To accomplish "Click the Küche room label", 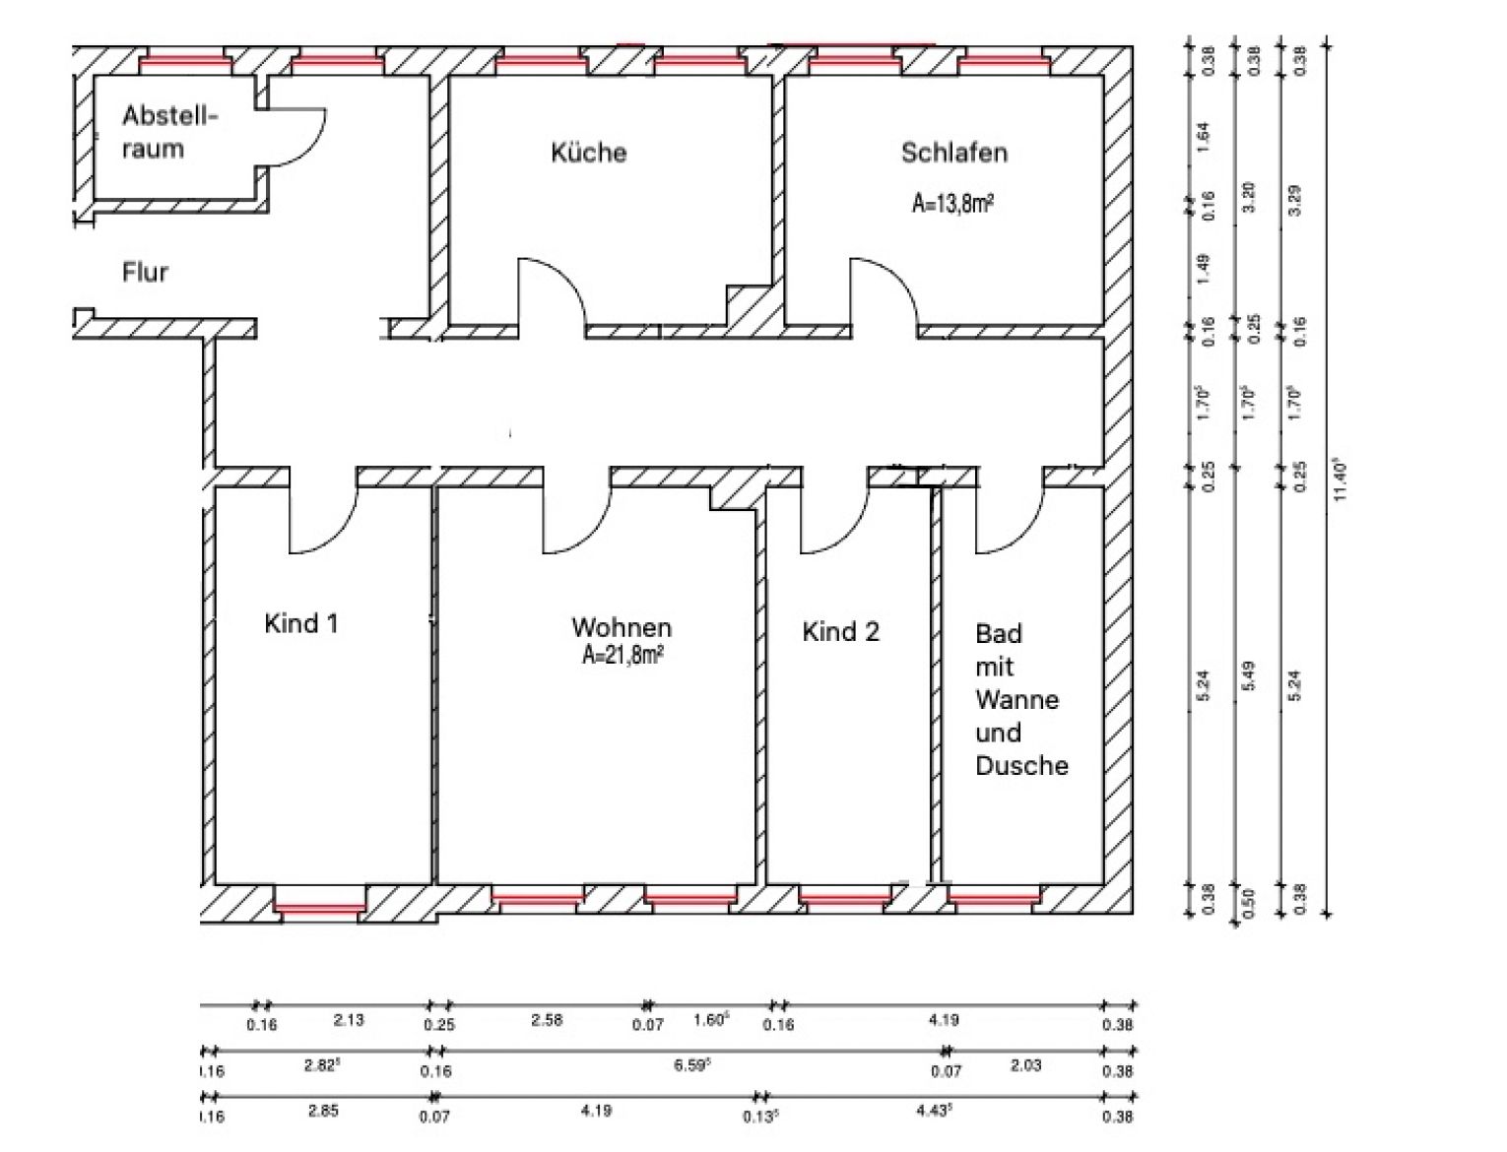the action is [x=588, y=152].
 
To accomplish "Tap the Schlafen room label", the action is [x=953, y=152].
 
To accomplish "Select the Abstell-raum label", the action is [x=168, y=132].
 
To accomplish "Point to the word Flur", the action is [x=145, y=273].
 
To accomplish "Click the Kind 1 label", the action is [x=300, y=623].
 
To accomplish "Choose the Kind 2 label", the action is [x=840, y=631].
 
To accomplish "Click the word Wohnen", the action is [x=622, y=627].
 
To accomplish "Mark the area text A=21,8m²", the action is [x=622, y=656].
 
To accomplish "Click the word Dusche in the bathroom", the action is [x=1021, y=766].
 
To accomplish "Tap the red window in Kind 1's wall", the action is [x=320, y=908].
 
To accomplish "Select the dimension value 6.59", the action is [x=690, y=1066].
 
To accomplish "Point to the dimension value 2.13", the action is [x=348, y=1020].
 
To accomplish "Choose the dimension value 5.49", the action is [x=1249, y=675].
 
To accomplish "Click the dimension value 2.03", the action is [x=1025, y=1065].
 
